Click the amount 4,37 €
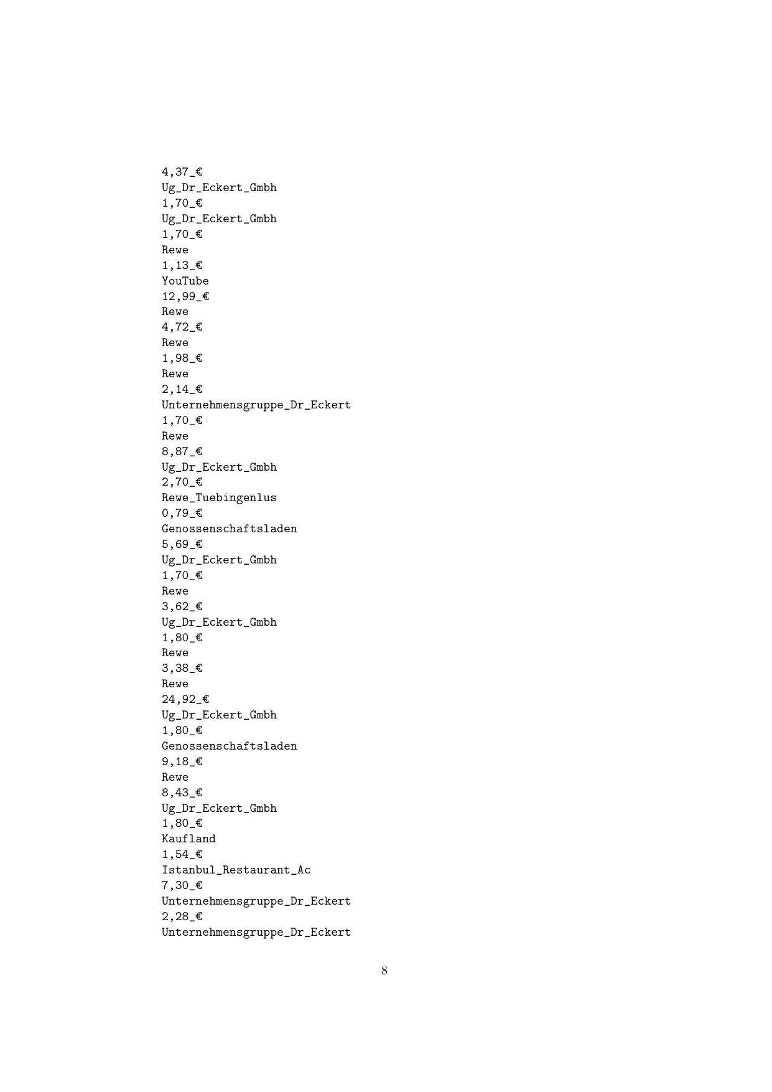[182, 172]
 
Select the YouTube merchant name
[185, 281]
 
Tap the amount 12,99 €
[185, 296]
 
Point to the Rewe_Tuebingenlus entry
[219, 497]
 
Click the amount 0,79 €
[182, 513]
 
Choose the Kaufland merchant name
[188, 839]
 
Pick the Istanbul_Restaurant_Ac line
[236, 870]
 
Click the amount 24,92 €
[185, 699]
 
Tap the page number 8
[384, 971]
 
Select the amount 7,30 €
[182, 885]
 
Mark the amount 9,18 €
[182, 761]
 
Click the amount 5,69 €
[182, 544]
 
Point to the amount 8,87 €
[182, 451]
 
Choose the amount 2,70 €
[182, 482]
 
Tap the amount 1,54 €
[182, 854]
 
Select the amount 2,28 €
[182, 916]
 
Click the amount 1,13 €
[182, 265]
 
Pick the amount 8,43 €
[182, 793]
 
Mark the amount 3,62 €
[182, 606]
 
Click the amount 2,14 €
[182, 389]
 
